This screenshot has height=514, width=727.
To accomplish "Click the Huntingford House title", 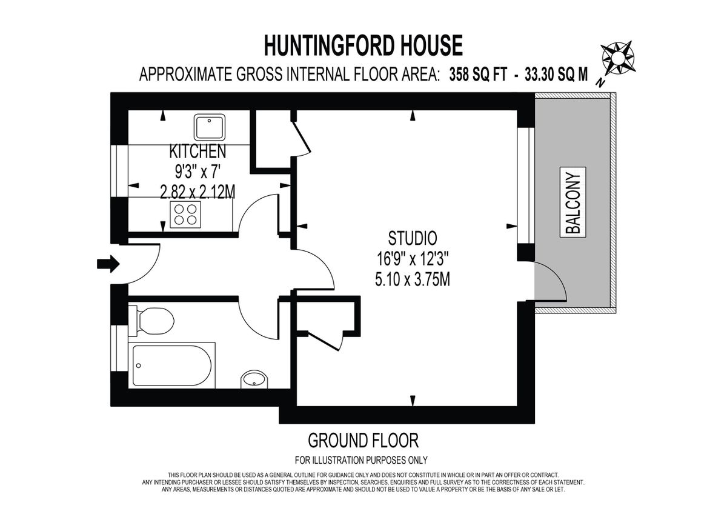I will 363,45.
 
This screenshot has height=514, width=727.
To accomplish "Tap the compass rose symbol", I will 616,58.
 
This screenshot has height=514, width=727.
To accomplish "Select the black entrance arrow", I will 108,264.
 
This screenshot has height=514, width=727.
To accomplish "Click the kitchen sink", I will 210,127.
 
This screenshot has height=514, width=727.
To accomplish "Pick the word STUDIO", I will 413,237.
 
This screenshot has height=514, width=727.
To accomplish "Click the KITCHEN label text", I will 198,150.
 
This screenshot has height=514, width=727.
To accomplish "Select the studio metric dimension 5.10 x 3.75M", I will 413,280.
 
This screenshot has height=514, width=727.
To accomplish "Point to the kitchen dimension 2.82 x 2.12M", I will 198,192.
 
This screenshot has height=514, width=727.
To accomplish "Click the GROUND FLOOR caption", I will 363,439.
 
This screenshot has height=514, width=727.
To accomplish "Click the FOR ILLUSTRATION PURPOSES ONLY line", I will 361,459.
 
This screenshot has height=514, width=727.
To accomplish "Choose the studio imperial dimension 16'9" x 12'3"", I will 413,259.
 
